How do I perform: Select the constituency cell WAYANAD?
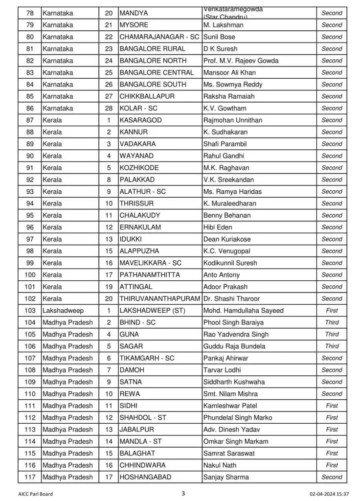[136, 156]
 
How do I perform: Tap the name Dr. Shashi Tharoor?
[231, 298]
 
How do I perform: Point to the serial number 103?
[30, 311]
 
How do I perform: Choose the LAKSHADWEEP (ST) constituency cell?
[152, 311]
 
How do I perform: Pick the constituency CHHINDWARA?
[142, 465]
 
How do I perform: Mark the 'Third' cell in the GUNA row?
[332, 334]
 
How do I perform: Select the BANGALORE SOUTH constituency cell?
[153, 84]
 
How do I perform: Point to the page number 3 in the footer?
[183, 493]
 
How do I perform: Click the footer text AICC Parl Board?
[36, 494]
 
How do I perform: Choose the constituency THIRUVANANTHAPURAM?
[159, 298]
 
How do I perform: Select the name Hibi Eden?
[218, 227]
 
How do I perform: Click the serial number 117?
[30, 477]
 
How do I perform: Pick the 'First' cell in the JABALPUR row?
[332, 430]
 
